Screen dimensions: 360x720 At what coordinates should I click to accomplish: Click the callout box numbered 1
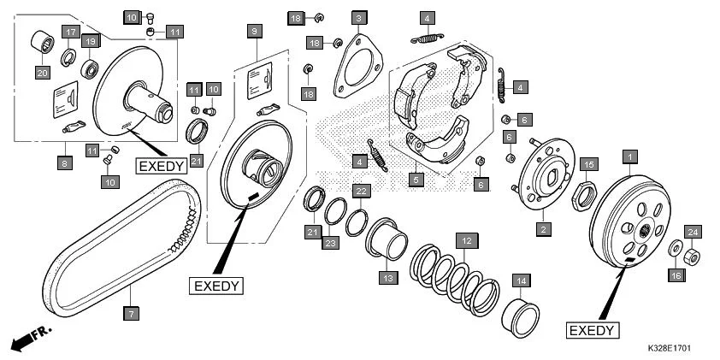tap(630, 156)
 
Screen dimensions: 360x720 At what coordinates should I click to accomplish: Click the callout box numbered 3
tap(360, 18)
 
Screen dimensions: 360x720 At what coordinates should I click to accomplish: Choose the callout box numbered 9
tap(253, 31)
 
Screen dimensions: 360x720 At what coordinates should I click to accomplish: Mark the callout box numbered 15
tap(587, 164)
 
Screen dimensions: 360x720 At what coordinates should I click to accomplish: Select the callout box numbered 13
tap(387, 278)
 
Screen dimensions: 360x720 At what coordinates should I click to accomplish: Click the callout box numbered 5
tap(416, 180)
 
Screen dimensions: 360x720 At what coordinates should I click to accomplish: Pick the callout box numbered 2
tap(541, 228)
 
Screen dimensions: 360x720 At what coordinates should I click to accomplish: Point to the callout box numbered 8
tap(63, 162)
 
